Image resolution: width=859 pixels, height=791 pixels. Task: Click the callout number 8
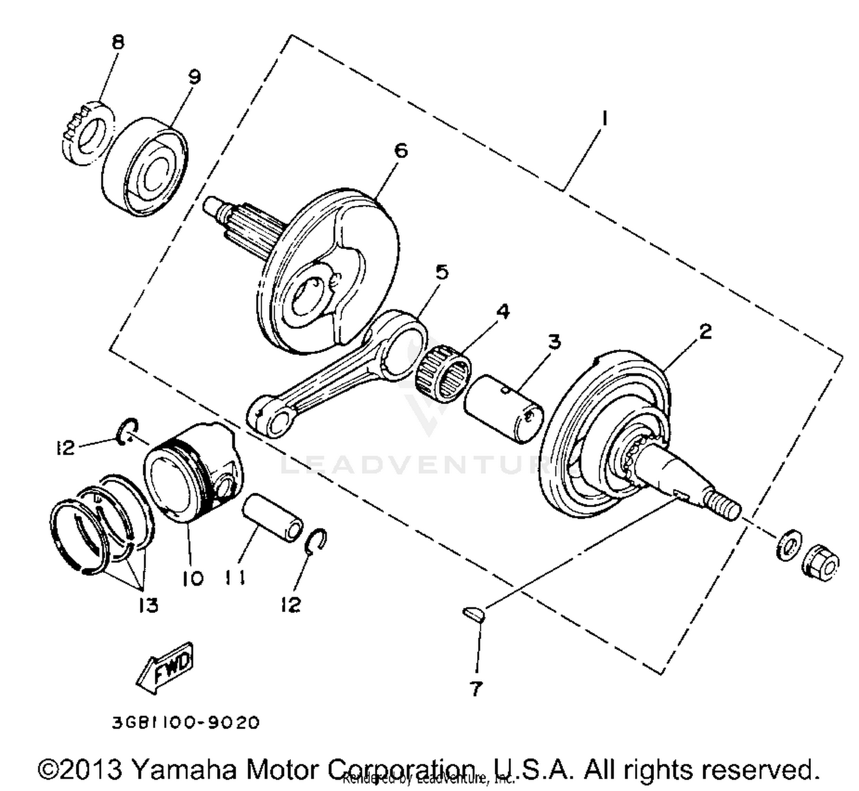[x=118, y=42]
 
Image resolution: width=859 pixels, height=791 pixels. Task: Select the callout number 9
[x=195, y=77]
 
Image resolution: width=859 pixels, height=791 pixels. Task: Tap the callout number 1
[x=604, y=118]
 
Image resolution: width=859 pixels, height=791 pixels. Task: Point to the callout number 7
[x=476, y=689]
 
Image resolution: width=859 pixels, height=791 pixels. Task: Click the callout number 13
[x=148, y=604]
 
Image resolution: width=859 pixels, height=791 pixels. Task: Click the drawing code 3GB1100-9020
[x=186, y=722]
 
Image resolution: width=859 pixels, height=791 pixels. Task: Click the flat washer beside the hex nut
[x=789, y=544]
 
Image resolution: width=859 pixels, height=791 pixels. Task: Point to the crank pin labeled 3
[x=502, y=409]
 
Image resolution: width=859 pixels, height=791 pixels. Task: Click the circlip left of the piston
[x=128, y=431]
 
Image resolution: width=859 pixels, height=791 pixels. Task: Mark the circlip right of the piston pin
[x=317, y=541]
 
